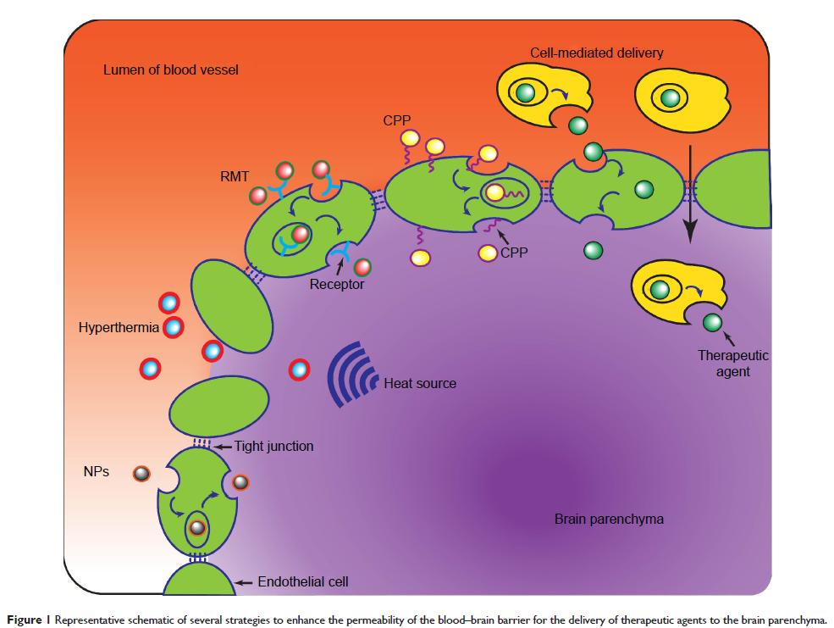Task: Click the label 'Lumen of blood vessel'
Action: [170, 69]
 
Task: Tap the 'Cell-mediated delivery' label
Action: [596, 53]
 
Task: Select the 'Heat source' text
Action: [420, 383]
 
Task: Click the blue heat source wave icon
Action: [351, 373]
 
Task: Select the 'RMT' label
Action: [236, 176]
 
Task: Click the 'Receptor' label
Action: [336, 284]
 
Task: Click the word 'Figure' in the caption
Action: [24, 616]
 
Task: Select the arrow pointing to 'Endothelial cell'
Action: [243, 582]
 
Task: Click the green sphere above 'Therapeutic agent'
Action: [712, 322]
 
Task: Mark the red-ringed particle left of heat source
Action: [299, 370]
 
